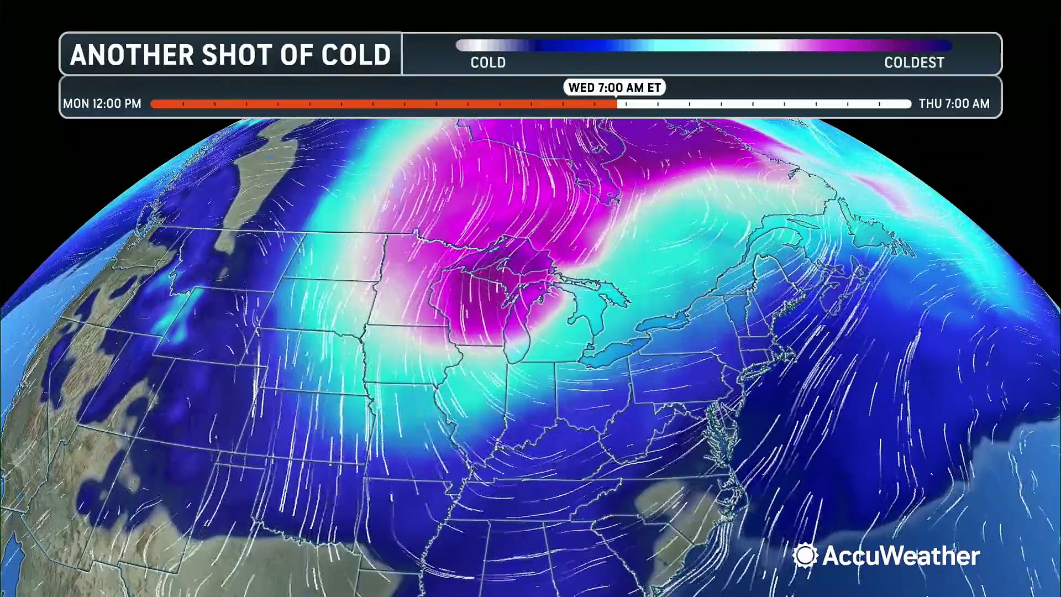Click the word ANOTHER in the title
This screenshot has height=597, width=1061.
132,55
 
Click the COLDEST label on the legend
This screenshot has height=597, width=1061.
914,62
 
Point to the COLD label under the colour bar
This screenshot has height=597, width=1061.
488,62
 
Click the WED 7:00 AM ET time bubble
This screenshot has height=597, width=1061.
614,87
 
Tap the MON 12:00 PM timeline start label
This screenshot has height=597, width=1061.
102,103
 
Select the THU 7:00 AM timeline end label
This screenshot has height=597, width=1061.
954,103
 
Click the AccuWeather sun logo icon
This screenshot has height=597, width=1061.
805,555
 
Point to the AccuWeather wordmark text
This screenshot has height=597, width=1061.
901,556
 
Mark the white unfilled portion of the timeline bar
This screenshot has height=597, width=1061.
763,103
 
